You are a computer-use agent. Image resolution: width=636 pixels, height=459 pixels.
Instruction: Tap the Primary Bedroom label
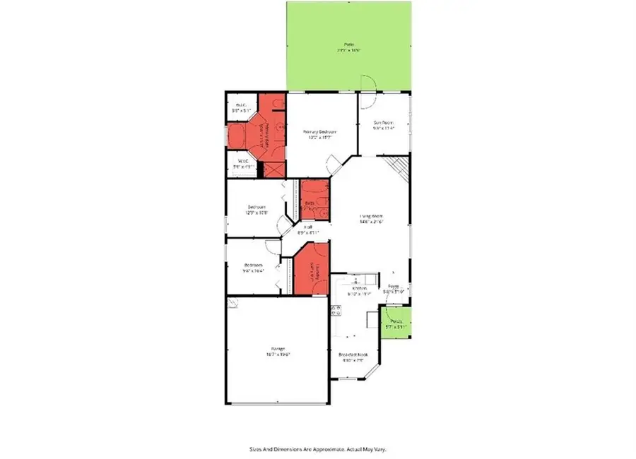point(319,132)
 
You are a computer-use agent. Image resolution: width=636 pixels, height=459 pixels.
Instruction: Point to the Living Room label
point(371,216)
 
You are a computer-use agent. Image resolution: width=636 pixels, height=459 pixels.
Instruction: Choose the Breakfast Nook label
point(353,354)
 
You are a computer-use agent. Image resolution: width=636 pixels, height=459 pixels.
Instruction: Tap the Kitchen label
point(360,289)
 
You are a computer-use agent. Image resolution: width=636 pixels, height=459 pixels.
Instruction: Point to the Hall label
point(308,227)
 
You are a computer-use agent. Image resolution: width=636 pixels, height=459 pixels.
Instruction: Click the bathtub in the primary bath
point(237,136)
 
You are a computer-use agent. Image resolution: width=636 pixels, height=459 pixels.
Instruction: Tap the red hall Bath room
point(313,198)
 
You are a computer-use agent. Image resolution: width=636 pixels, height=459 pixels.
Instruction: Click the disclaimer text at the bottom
point(318,448)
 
